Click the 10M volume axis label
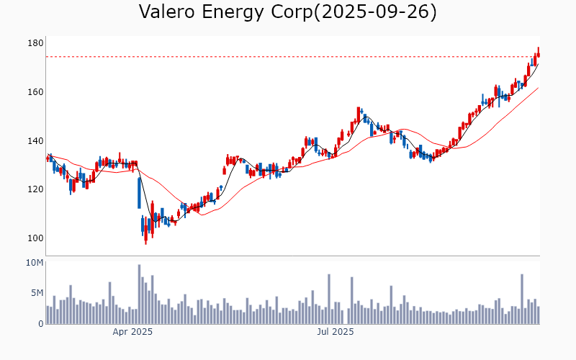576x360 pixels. [x=35, y=263]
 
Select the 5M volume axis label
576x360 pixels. [x=37, y=293]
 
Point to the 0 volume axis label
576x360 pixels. [x=40, y=324]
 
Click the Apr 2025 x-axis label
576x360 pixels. [x=132, y=332]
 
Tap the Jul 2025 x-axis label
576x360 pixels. [x=336, y=332]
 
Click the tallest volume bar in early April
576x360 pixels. [x=139, y=294]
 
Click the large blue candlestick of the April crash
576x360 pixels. [x=139, y=192]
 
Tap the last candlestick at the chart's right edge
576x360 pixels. [x=538, y=53]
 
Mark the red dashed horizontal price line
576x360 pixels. [x=288, y=57]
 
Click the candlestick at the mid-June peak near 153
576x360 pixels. [x=359, y=114]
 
